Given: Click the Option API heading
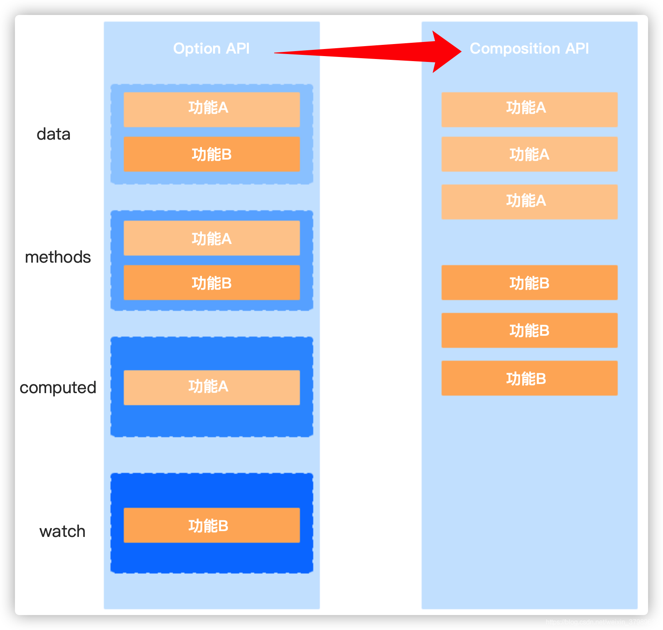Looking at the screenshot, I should pos(211,49).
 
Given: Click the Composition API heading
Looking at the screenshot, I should pos(529,49).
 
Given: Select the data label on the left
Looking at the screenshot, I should pos(54,134).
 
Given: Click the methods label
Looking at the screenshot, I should pos(58,257).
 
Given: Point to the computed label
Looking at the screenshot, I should pos(58,388).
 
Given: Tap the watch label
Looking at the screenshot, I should pos(62,532).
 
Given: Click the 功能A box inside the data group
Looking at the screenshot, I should pos(211,109).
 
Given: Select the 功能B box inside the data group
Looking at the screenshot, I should pos(211,154).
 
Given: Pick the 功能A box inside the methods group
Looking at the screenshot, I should pos(211,238).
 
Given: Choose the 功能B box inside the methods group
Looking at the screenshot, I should pos(211,283).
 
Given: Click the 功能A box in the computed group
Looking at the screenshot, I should pos(211,387).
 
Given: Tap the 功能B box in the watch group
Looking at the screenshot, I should pos(211,525).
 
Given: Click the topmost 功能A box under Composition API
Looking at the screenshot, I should pos(529,109).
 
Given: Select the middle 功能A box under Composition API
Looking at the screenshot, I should pos(529,154).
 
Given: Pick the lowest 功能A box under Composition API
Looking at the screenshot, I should pos(529,202).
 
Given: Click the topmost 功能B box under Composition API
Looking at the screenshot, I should pos(529,283).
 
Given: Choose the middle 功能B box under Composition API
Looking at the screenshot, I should pos(529,330).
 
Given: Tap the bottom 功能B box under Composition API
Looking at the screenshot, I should pos(529,378).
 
